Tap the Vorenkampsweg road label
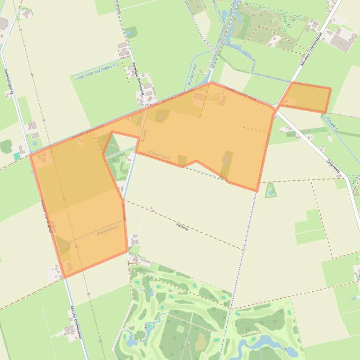click(x=7, y=80)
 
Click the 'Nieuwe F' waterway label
click(x=332, y=123)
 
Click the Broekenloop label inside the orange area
click(x=108, y=230)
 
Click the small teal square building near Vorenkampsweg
click(x=17, y=156)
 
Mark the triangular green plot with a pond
click(x=271, y=190)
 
